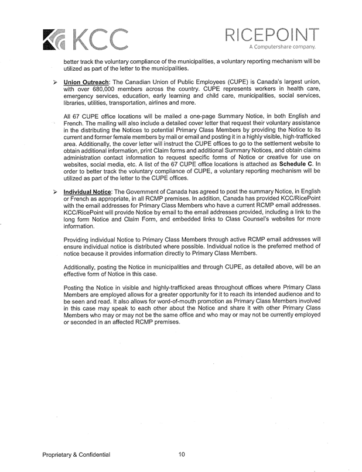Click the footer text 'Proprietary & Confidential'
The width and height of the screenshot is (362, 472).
pyautogui.click(x=76, y=455)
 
